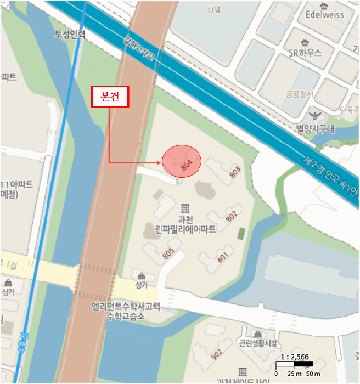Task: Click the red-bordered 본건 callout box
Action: (110, 97)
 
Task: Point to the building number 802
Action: (231, 216)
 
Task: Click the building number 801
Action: (222, 256)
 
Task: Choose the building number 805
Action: (168, 253)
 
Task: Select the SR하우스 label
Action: (305, 53)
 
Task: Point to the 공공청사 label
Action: (299, 94)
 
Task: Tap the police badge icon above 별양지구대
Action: (315, 116)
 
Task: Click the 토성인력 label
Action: (70, 34)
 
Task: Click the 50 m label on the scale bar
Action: (312, 374)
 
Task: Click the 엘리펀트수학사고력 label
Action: (126, 308)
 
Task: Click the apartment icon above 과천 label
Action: (185, 208)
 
